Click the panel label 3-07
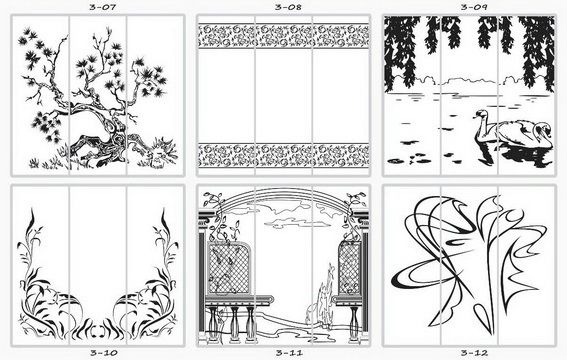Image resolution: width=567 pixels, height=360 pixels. (x=102, y=7)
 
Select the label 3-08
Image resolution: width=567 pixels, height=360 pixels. (x=288, y=7)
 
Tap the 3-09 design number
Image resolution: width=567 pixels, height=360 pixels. (x=473, y=7)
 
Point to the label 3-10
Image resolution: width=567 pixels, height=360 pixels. (x=104, y=353)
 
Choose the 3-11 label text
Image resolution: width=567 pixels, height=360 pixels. (x=289, y=353)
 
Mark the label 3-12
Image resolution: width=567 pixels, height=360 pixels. (x=474, y=353)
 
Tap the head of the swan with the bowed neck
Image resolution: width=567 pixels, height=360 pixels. (x=543, y=129)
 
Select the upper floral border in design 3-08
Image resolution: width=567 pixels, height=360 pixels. (x=284, y=35)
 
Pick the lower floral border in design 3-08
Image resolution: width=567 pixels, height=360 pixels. (x=284, y=155)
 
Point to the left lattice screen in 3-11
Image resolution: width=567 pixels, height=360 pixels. (x=228, y=268)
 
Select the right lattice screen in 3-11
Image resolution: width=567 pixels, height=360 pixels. (x=350, y=268)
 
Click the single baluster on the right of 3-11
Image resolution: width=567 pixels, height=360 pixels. (x=354, y=324)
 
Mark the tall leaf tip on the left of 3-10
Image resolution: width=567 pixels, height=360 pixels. (x=32, y=210)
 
